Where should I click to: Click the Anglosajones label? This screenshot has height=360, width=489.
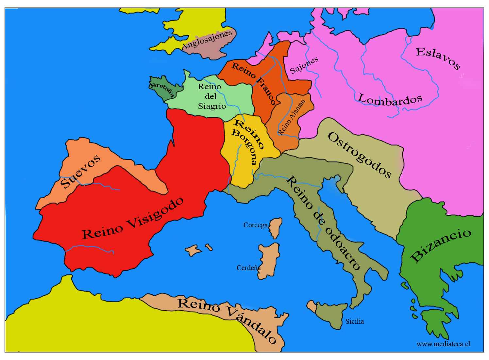207,40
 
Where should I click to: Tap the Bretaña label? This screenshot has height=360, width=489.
162,89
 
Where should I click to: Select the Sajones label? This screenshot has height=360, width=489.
304,65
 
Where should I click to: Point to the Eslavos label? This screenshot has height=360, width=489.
438,58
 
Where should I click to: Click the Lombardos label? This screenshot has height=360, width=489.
390,100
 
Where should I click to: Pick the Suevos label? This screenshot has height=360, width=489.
81,172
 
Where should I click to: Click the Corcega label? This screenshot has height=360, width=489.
256,225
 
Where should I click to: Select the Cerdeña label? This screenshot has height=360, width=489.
248,268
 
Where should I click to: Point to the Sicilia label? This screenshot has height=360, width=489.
355,321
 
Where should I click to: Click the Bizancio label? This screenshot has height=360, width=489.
441,245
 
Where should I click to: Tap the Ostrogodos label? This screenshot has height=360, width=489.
360,155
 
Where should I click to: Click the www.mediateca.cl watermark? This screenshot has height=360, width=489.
443,344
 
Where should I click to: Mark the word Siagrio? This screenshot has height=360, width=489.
212,106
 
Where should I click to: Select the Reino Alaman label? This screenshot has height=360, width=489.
291,117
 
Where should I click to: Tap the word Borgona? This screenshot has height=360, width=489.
245,147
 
